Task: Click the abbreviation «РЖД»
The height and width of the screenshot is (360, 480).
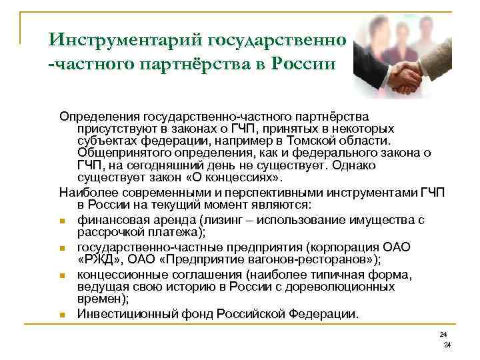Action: point(102,258)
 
